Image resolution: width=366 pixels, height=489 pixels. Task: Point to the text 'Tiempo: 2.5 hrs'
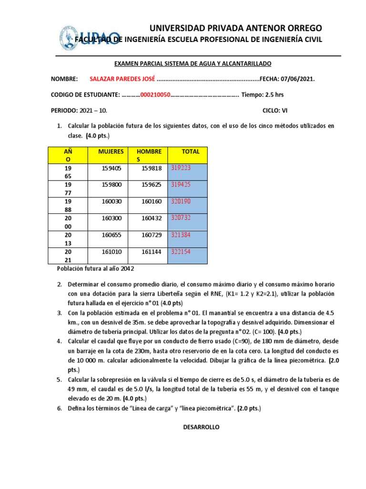pos(263,95)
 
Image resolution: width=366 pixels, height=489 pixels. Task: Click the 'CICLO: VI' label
pos(275,110)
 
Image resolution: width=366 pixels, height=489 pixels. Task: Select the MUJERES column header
pos(111,151)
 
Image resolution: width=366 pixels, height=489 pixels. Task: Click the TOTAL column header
pos(191,151)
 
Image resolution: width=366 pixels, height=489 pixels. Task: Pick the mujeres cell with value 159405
pos(112,168)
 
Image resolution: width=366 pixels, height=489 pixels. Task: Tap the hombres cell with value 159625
pos(151,185)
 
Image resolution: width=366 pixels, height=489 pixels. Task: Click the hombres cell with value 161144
pos(151,252)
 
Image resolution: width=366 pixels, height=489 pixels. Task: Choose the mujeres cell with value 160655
pos(112,235)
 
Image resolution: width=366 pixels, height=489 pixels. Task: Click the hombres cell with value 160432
pos(151,218)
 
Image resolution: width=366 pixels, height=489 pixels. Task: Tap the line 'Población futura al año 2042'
pos(92,269)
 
